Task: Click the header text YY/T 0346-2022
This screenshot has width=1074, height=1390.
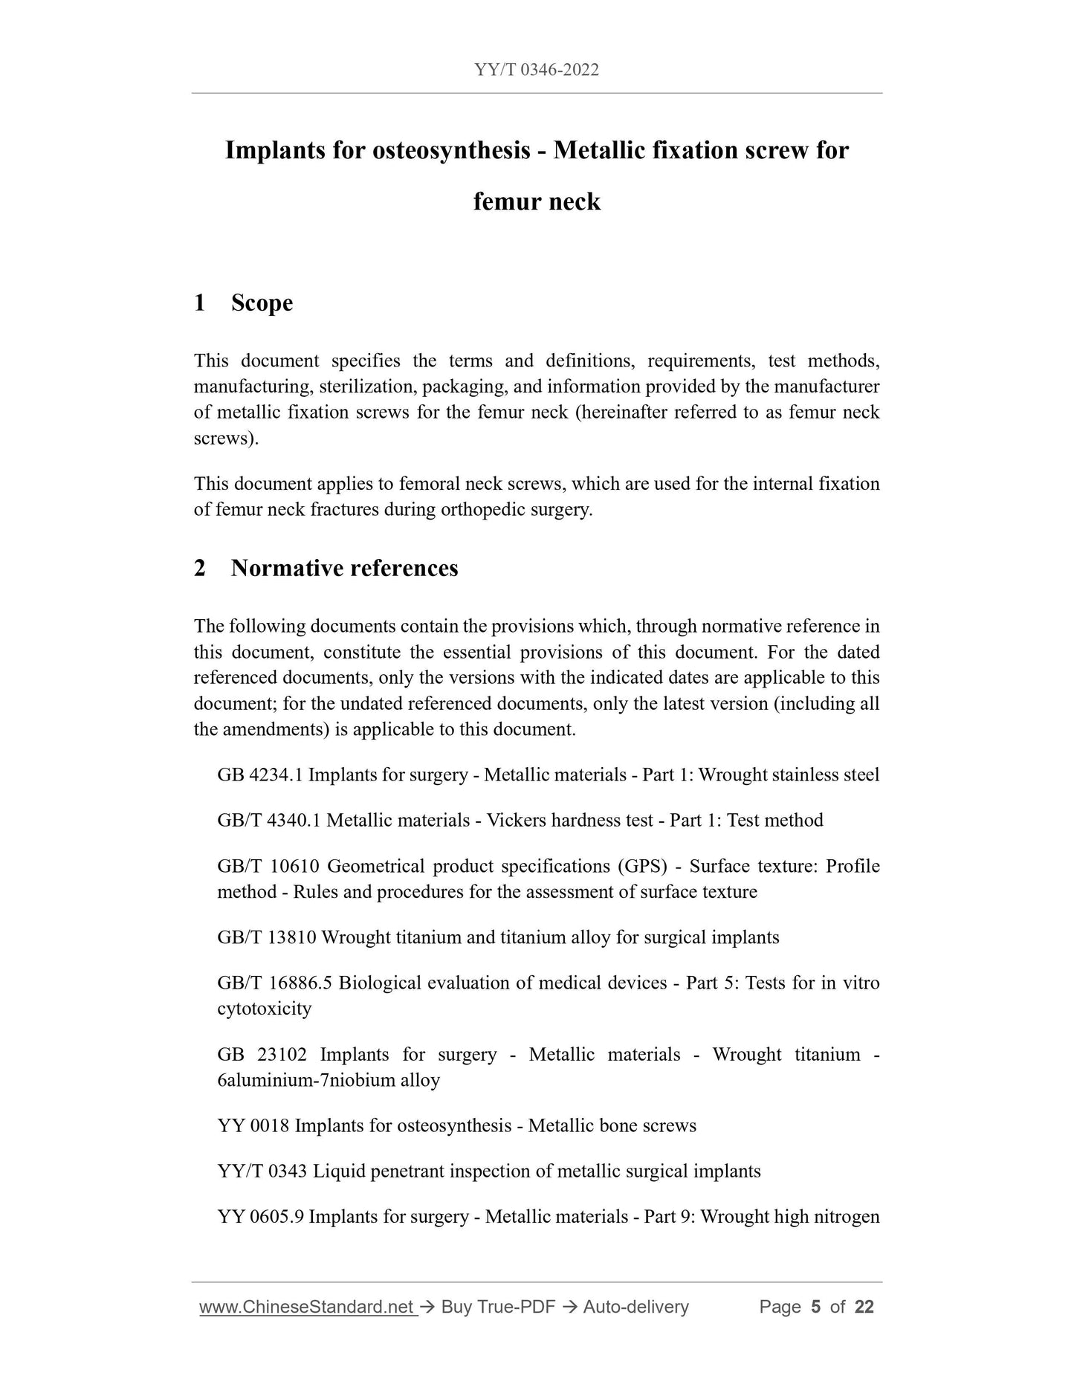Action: point(537,70)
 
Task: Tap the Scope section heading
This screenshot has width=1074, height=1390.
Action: point(262,303)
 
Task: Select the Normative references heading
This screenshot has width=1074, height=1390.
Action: point(344,569)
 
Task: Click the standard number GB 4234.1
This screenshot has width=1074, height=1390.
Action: point(260,775)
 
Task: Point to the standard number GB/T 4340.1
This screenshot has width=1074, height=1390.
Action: point(269,821)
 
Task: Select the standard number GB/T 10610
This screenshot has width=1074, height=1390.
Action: point(268,867)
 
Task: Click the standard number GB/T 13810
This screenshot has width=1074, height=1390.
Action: point(267,938)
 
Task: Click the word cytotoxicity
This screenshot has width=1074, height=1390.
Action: point(264,1009)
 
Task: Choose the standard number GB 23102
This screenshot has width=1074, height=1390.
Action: point(261,1055)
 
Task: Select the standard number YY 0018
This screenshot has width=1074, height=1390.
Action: point(253,1126)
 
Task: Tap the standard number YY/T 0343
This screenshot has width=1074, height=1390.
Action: point(262,1172)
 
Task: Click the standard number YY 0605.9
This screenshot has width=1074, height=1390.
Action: point(260,1218)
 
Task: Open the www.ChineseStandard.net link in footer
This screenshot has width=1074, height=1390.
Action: point(307,1307)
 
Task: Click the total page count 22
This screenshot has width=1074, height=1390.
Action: point(864,1307)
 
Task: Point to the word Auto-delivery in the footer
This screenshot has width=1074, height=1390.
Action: point(635,1307)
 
